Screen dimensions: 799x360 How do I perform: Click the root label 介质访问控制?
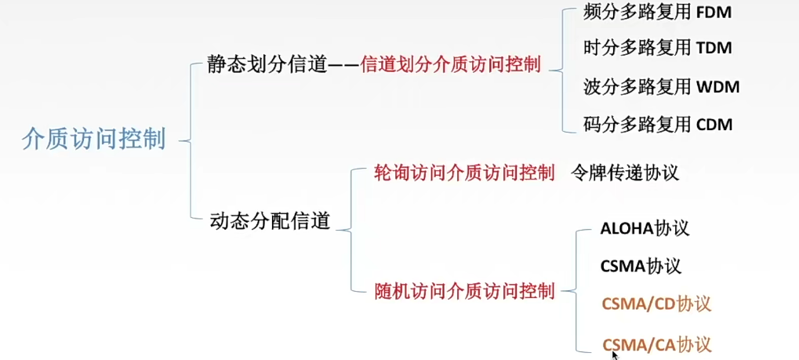click(x=94, y=140)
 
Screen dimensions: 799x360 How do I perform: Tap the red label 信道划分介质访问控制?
click(x=450, y=65)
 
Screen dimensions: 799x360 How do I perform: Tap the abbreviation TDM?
click(x=714, y=48)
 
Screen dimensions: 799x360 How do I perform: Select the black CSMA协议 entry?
click(x=641, y=266)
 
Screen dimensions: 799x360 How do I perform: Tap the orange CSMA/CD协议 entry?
click(x=656, y=304)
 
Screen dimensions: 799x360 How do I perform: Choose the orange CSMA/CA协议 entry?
click(x=656, y=344)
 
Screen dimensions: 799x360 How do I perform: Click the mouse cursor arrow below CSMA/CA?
click(x=615, y=355)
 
